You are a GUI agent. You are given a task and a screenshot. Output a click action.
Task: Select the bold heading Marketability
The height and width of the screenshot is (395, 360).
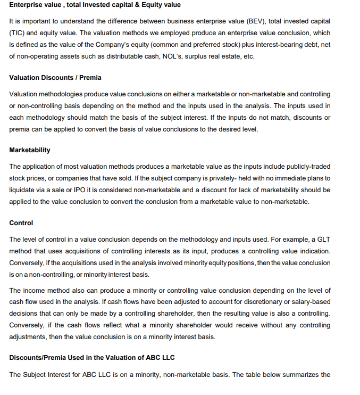tap(30, 151)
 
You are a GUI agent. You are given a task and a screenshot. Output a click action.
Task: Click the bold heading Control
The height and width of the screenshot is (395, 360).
tap(21, 223)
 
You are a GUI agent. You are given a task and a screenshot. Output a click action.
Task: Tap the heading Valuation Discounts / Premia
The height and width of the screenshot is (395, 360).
tap(55, 78)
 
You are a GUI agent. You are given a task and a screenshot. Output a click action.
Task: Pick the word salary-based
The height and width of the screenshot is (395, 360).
tap(310, 302)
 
